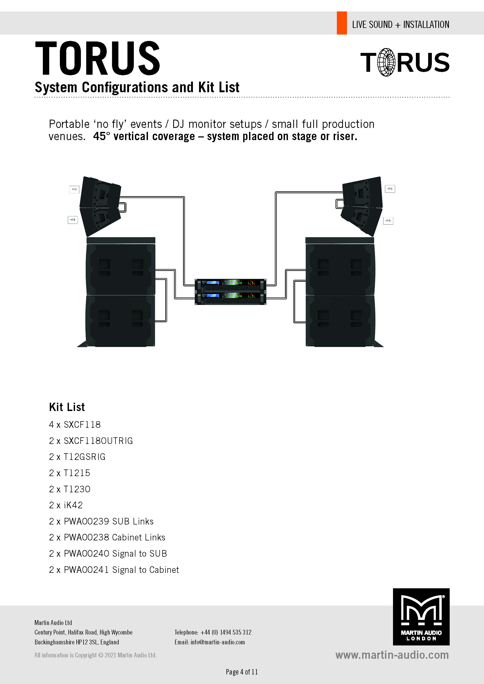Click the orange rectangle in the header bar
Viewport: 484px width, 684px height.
point(342,23)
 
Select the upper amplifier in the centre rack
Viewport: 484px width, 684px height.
point(230,285)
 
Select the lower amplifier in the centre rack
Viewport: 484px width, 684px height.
point(230,298)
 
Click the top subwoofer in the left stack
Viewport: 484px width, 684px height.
point(121,269)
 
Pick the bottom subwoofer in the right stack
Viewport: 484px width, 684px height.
point(340,321)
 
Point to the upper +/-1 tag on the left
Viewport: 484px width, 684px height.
point(74,189)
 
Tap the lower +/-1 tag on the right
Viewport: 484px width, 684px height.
point(388,221)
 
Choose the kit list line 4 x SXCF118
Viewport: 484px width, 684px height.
point(75,425)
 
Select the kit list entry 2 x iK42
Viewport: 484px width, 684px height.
point(66,505)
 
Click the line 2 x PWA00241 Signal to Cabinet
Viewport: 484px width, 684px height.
point(114,570)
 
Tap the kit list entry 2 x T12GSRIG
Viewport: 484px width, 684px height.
point(77,457)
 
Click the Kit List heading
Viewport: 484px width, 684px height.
point(67,407)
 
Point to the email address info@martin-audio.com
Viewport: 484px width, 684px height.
point(218,642)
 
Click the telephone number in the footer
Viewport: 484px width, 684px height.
point(226,632)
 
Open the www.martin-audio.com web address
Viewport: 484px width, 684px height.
point(392,655)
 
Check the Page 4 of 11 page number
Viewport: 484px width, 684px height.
point(242,672)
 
